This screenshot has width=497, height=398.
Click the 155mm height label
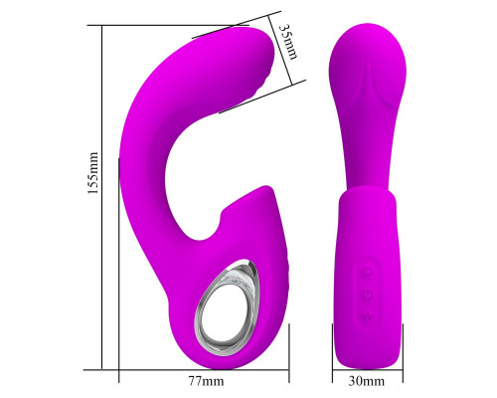93,173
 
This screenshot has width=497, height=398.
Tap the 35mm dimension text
287,41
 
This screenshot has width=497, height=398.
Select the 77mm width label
206,381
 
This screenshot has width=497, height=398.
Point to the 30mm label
367,381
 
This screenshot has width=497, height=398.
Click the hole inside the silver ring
226,310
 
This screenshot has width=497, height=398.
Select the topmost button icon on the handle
367,272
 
